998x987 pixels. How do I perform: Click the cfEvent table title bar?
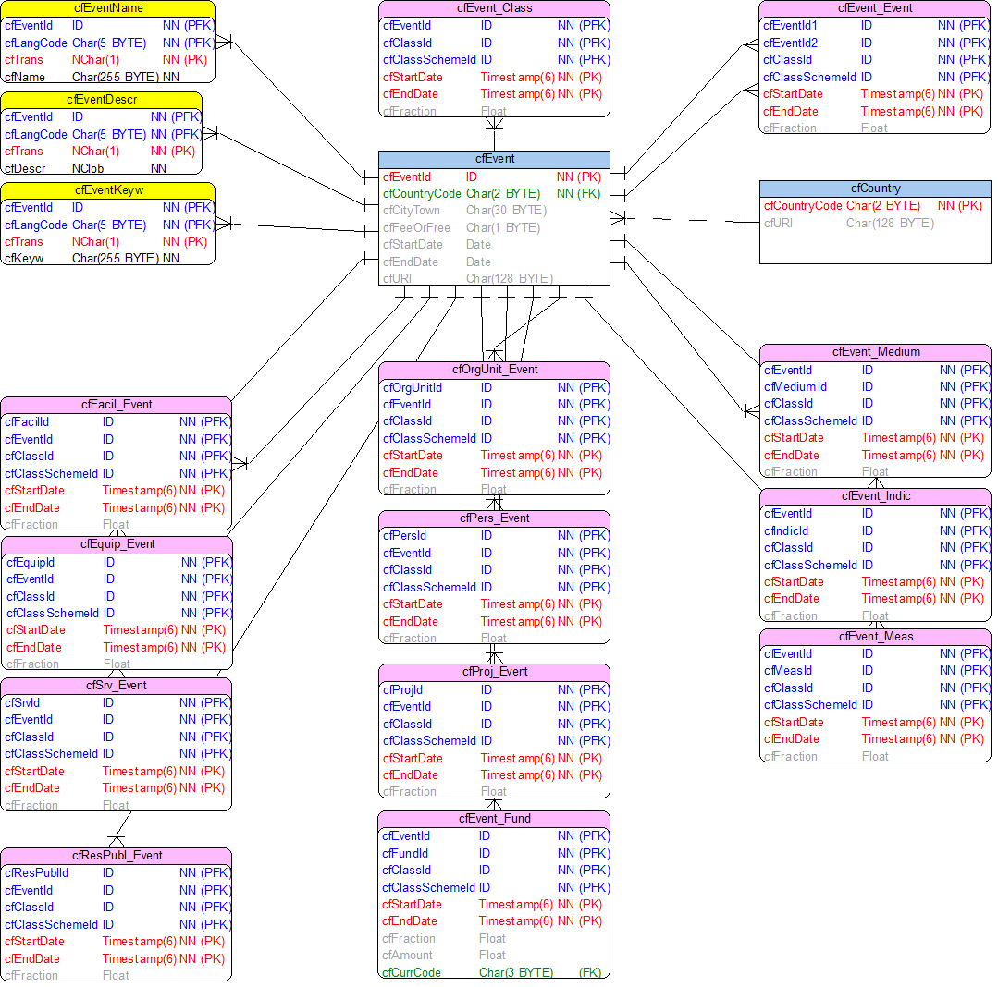click(494, 159)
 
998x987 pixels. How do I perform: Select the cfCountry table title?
click(875, 189)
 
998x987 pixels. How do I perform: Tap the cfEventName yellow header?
click(108, 8)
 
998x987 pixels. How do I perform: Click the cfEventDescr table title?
click(102, 100)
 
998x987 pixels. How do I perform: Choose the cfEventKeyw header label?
click(108, 190)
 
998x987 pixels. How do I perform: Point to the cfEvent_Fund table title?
click(494, 819)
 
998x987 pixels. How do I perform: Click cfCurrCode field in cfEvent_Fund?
click(412, 972)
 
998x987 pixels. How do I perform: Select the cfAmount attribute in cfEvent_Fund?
click(407, 956)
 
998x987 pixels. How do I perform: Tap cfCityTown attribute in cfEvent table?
click(412, 211)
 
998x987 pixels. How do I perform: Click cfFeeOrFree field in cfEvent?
click(416, 228)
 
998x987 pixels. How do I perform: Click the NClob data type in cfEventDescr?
click(88, 168)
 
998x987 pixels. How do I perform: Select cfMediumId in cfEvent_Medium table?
click(795, 386)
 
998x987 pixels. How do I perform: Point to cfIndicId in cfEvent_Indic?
click(786, 530)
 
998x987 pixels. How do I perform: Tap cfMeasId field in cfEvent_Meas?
click(788, 671)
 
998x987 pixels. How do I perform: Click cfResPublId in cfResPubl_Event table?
click(36, 872)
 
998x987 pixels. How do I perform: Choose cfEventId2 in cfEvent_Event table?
click(790, 43)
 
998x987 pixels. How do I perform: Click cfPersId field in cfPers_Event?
click(404, 536)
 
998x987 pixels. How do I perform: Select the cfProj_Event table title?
click(494, 672)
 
